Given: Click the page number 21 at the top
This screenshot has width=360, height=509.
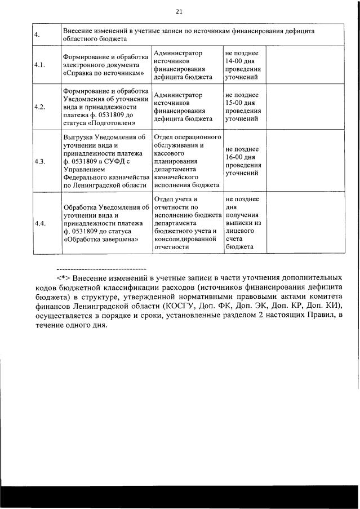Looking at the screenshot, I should point(180,11).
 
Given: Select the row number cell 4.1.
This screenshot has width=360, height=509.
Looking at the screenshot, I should point(39,65).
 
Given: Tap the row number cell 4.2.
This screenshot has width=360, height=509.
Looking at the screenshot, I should point(39,107).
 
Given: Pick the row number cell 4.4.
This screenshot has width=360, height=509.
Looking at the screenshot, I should point(39,223).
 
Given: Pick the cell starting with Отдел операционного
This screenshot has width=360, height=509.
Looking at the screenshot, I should point(187,161).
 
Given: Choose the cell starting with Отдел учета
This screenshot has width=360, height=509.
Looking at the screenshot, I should point(187,223).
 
